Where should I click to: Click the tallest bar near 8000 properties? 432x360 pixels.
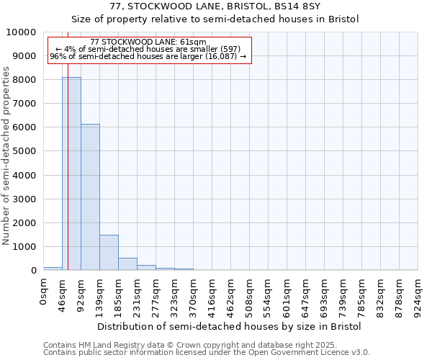pos(71,173)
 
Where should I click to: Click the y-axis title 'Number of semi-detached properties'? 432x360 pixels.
pos(6,156)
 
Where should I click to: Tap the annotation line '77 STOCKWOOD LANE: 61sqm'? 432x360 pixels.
pos(148,42)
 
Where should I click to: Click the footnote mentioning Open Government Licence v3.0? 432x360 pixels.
pos(206,353)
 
